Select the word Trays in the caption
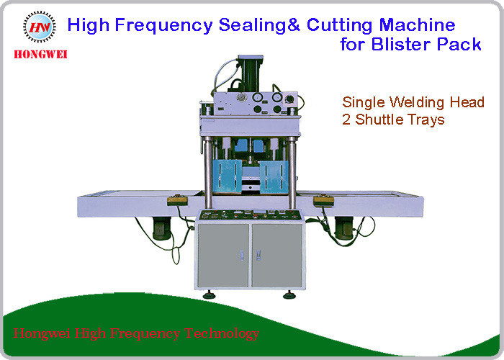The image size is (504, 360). click(427, 119)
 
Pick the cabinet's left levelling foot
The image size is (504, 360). click(208, 294)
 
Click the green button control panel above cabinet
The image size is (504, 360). click(249, 214)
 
